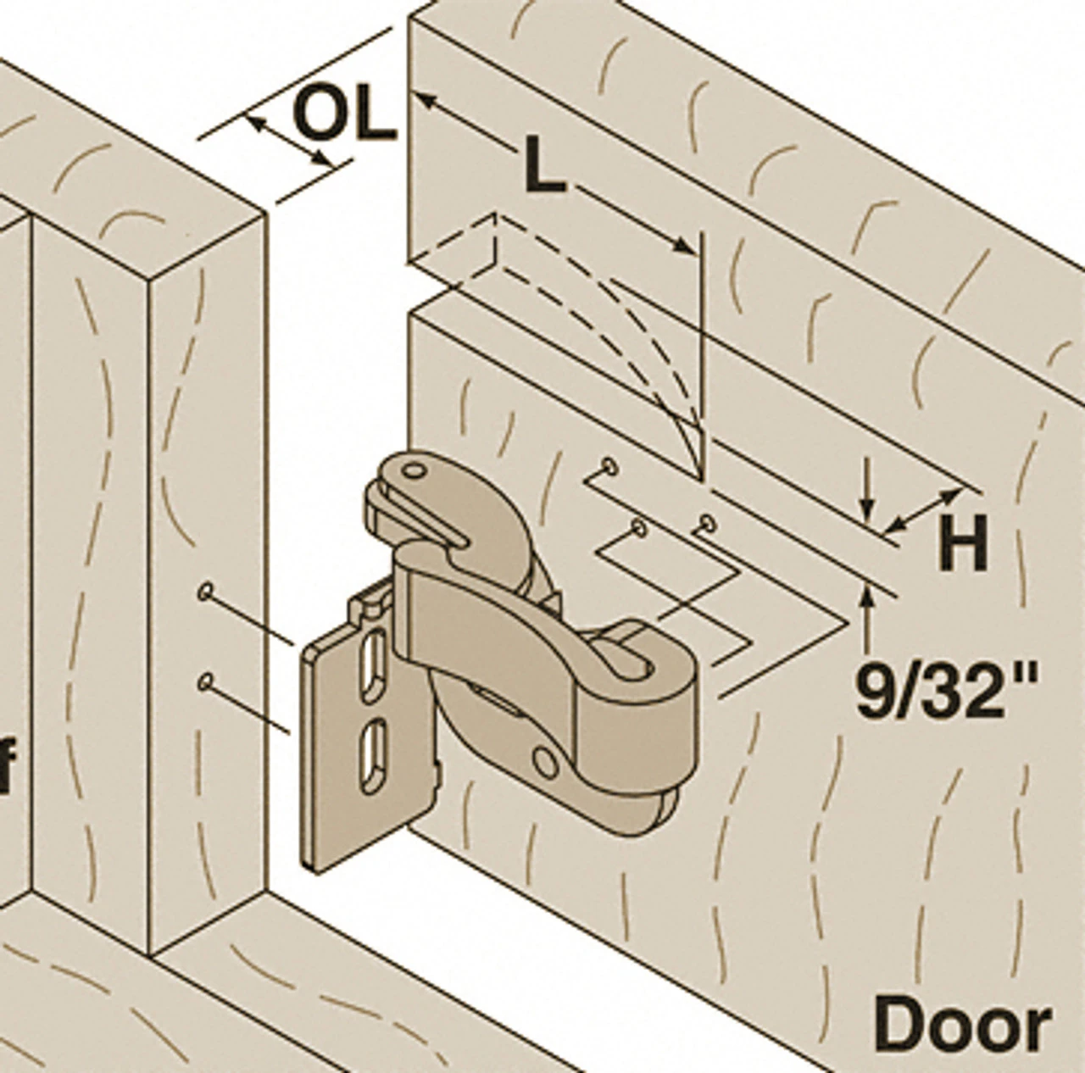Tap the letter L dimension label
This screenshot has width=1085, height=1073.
tap(544, 165)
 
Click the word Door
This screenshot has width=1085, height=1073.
tap(963, 1024)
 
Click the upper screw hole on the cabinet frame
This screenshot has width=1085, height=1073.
tap(205, 592)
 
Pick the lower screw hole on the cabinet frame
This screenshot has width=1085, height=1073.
tap(205, 681)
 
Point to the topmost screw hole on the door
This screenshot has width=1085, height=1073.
tap(609, 464)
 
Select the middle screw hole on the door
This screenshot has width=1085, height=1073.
tap(640, 529)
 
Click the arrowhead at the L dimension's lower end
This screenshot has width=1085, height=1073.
tap(685, 245)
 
